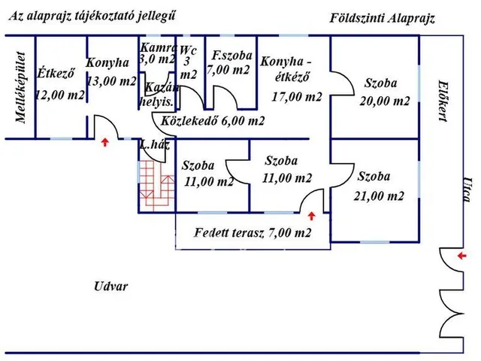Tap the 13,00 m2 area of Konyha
(x=111, y=81)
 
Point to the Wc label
(x=189, y=51)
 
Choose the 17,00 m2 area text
(x=298, y=96)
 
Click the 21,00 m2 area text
(x=380, y=196)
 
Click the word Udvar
(x=111, y=287)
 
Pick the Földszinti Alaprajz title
(x=383, y=17)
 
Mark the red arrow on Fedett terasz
(x=309, y=216)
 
